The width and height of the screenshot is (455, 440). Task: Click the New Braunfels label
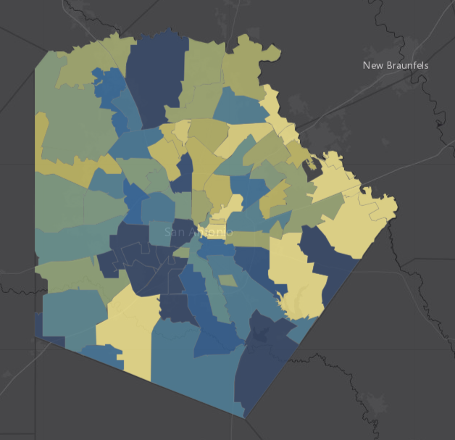point(395,65)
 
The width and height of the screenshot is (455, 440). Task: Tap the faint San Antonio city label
point(198,232)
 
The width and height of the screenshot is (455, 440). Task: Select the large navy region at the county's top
point(154,76)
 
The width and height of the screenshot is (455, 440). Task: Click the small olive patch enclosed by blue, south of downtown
point(227,280)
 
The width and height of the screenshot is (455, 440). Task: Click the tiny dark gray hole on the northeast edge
point(314,170)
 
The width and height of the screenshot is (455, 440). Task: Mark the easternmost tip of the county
point(397,211)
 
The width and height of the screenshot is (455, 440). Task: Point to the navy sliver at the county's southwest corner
point(40,326)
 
